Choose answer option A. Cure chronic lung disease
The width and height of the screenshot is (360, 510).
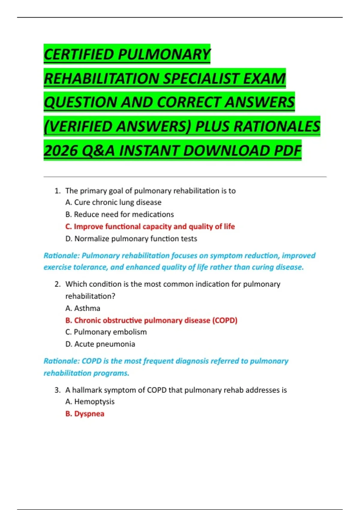[113, 202]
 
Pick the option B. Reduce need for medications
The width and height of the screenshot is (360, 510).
[119, 214]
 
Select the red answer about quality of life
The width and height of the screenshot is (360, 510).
[150, 226]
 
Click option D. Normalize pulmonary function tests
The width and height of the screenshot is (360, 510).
[131, 239]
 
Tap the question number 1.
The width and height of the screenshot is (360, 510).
[57, 191]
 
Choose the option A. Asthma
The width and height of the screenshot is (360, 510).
[83, 308]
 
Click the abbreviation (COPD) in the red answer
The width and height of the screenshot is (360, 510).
[225, 320]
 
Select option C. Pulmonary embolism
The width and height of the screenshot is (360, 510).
[106, 332]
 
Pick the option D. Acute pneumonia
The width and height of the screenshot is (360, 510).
[100, 344]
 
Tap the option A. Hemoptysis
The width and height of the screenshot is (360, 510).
[90, 402]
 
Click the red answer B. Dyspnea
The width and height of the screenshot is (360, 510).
[85, 414]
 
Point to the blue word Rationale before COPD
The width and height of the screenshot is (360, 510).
[61, 361]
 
